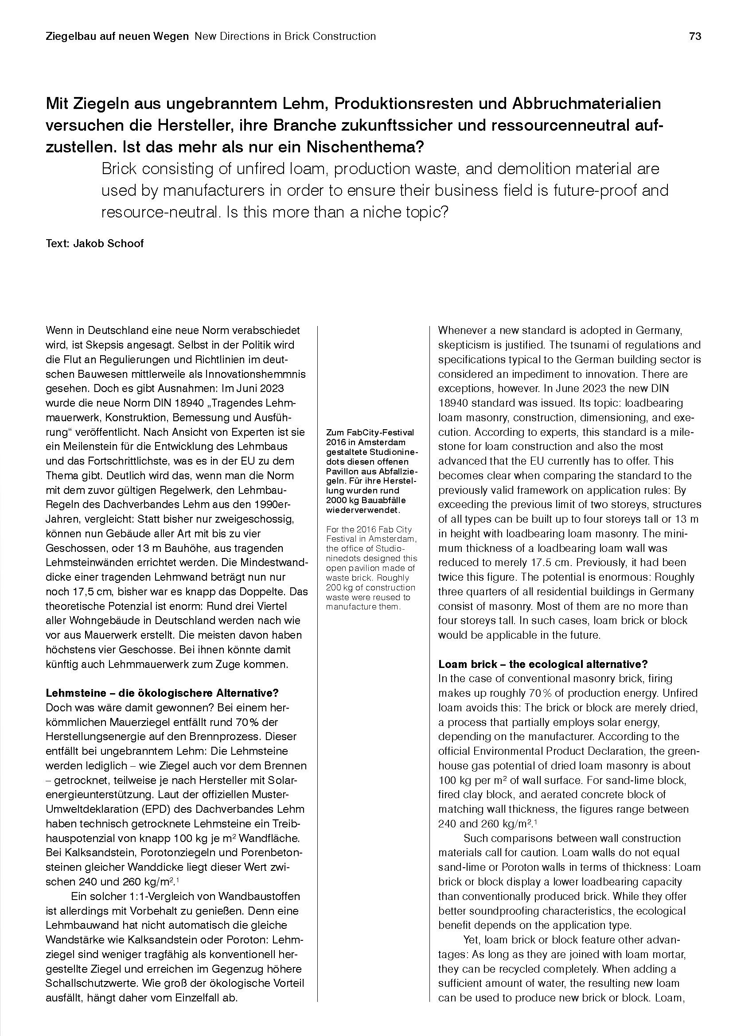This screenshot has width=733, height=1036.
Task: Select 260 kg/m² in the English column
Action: click(505, 823)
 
